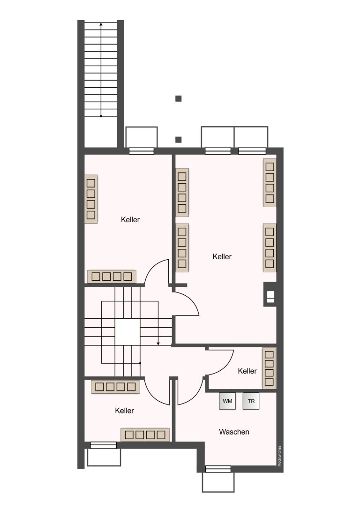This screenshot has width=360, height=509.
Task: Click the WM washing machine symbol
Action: [227, 401]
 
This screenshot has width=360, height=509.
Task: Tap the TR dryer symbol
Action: [251, 401]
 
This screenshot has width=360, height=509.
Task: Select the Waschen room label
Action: [234, 432]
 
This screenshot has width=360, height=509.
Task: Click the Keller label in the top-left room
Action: [130, 219]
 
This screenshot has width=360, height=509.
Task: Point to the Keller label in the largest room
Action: [222, 256]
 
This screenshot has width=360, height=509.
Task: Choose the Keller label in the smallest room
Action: [247, 371]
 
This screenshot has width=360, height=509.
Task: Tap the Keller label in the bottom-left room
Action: [124, 411]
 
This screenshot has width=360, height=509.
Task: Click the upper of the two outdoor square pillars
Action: [178, 98]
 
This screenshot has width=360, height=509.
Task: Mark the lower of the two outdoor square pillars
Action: [178, 140]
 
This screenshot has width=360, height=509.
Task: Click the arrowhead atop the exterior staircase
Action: [101, 24]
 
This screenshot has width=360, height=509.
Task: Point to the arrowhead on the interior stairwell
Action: [158, 343]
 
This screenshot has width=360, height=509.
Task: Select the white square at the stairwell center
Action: [127, 332]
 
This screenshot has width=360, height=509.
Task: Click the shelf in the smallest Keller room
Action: [269, 368]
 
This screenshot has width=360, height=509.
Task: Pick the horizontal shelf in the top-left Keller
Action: [112, 276]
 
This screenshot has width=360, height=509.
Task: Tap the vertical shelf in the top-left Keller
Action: [91, 199]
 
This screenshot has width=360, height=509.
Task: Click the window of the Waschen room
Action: [218, 469]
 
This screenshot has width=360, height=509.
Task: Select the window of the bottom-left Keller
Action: [103, 445]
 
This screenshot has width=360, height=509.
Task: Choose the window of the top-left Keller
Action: [142, 151]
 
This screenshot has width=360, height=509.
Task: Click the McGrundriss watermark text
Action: [279, 457]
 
